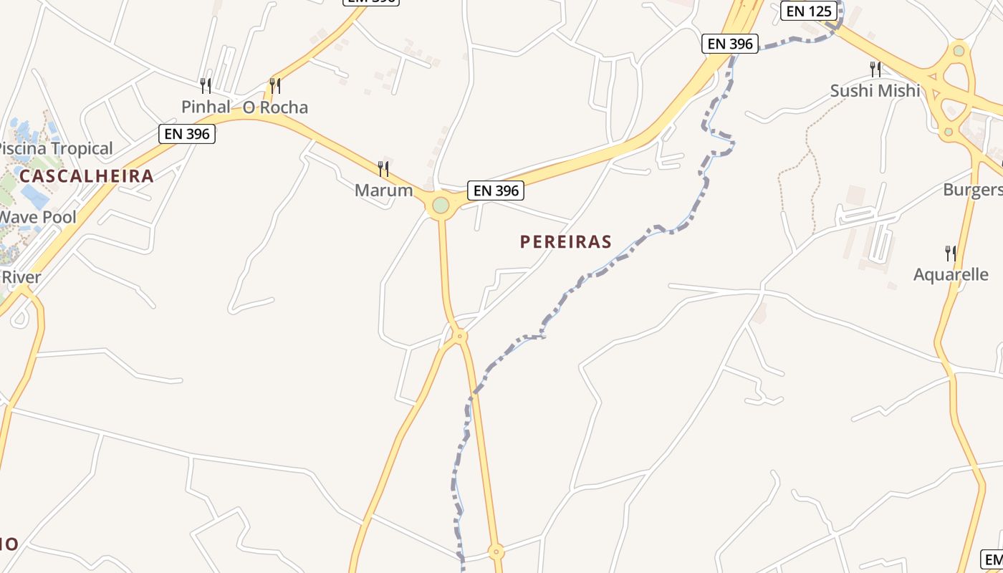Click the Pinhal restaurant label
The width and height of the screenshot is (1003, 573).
[206, 107]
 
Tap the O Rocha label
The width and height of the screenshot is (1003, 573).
[275, 107]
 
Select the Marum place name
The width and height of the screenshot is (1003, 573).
[384, 191]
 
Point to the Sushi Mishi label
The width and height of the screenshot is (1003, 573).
[875, 91]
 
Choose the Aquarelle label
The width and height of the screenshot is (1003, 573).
[951, 274]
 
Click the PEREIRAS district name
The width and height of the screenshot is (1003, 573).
[566, 241]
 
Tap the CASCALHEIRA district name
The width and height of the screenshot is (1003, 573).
[87, 176]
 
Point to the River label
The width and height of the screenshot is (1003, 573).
[21, 277]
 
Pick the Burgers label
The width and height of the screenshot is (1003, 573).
[973, 190]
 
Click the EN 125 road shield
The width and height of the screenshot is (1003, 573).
[809, 11]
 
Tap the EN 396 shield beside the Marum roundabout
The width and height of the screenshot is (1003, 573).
[496, 191]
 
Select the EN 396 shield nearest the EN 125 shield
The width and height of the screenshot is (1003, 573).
[730, 44]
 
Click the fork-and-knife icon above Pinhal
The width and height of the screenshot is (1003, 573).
[206, 86]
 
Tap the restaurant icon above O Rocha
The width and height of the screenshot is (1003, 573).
[275, 86]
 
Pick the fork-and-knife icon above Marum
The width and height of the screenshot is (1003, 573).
[383, 169]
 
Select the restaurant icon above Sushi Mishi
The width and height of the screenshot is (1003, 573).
[875, 69]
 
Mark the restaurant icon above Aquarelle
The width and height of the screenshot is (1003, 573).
[951, 253]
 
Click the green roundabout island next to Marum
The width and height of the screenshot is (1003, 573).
[441, 206]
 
